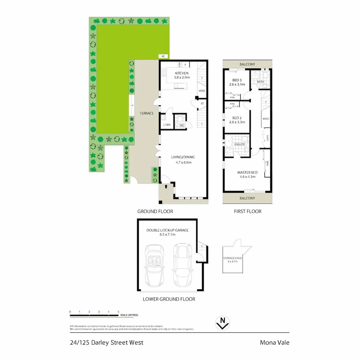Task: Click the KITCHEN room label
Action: click(x=182, y=73)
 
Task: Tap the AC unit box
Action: click(x=163, y=56)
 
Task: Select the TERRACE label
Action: click(x=146, y=113)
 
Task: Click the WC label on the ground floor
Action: click(x=182, y=125)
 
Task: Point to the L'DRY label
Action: click(x=167, y=125)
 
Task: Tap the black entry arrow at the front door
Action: click(x=166, y=186)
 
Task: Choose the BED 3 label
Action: click(x=237, y=80)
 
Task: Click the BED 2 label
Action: click(x=237, y=118)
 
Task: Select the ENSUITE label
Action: click(x=239, y=144)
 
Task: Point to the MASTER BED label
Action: click(x=247, y=172)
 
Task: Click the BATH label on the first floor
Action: click(x=261, y=82)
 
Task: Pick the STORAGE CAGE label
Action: click(x=233, y=258)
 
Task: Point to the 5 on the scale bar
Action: click(x=118, y=312)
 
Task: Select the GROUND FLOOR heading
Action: click(x=155, y=211)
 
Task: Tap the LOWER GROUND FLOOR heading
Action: click(x=169, y=299)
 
